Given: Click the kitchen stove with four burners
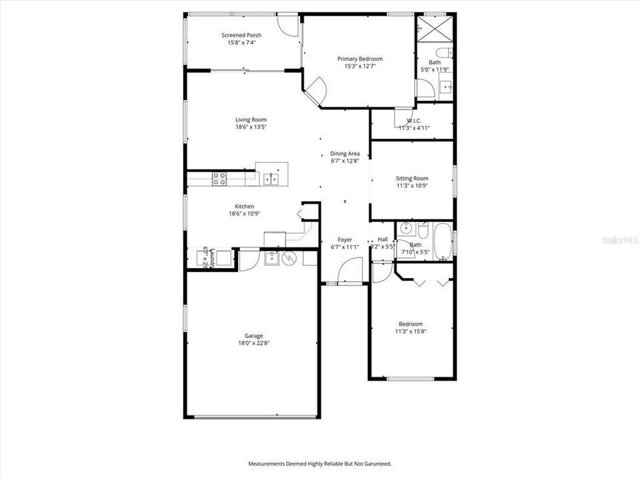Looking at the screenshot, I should [x=219, y=178].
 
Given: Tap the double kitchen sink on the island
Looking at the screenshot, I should [x=271, y=178].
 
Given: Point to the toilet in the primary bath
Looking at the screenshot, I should [x=444, y=53].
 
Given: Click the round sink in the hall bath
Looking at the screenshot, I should [x=405, y=229].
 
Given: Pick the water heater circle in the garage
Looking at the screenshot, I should [x=289, y=257].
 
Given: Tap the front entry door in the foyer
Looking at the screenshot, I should [x=349, y=272].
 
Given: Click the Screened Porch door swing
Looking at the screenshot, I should [x=288, y=25].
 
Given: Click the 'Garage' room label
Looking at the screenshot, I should [x=253, y=335].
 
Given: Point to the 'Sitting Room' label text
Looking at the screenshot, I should [x=412, y=178].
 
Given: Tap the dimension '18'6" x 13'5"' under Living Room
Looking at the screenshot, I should [x=251, y=127].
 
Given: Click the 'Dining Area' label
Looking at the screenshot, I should [x=345, y=153].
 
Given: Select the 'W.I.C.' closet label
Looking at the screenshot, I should [x=414, y=121].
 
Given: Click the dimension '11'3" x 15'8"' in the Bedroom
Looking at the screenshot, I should [x=411, y=331].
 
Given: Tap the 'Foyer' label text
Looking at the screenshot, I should [x=345, y=239].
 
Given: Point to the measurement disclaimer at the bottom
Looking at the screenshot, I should [x=320, y=463].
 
